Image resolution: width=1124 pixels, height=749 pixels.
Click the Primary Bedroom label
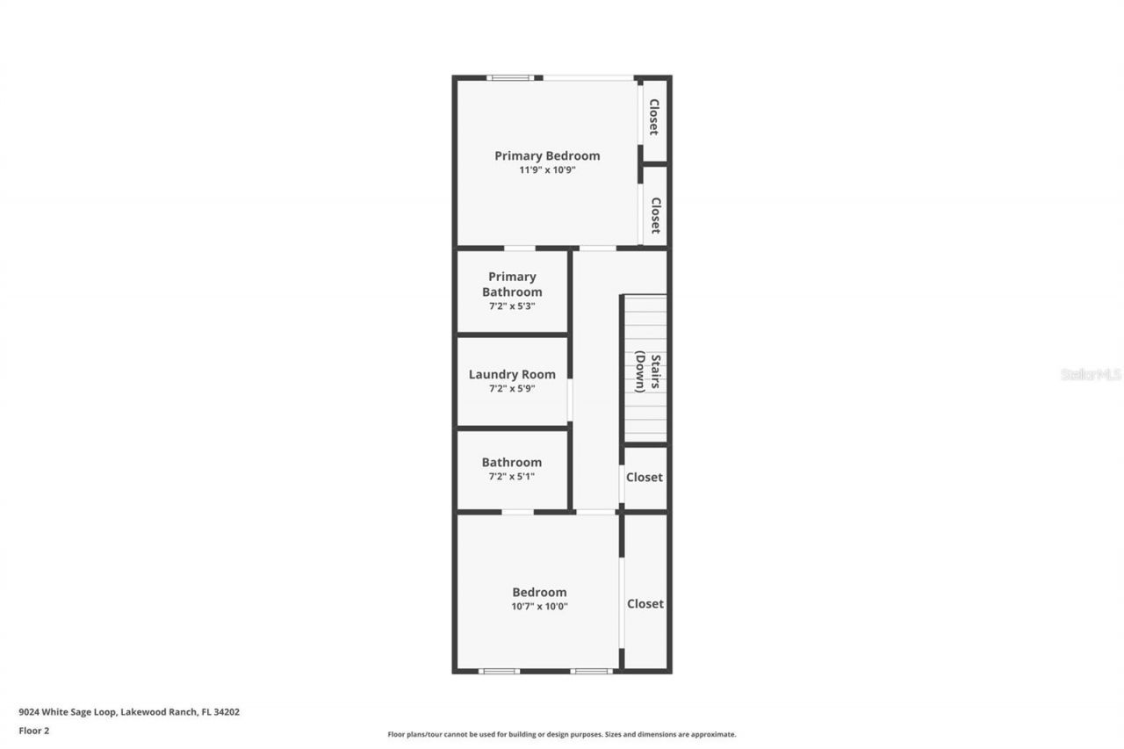point(547,156)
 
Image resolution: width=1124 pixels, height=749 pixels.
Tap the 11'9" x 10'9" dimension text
point(547,170)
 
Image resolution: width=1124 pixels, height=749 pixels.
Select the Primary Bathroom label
point(512,284)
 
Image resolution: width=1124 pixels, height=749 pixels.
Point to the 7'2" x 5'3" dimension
point(512,306)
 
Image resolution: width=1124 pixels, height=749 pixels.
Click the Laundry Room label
point(512,375)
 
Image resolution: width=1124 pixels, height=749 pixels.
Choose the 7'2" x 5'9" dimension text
point(512,388)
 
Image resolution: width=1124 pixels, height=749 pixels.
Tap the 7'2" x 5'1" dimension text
point(512,477)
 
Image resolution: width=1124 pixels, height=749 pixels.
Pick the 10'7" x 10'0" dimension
point(540,606)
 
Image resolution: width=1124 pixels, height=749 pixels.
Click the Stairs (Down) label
point(647,372)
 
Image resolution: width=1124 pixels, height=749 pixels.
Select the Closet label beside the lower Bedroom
point(645,604)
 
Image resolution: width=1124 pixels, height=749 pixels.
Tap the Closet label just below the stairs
point(645,478)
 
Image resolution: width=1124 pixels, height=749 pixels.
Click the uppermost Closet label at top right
point(654,117)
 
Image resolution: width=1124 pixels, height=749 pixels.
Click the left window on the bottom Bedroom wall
point(499,672)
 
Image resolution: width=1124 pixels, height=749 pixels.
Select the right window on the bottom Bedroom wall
point(591,672)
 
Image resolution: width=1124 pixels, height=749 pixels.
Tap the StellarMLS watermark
point(1091,374)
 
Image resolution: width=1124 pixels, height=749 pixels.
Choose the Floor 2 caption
point(34,731)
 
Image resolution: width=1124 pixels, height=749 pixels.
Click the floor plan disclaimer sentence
point(562,734)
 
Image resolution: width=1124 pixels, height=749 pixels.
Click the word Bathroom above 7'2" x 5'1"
point(512,463)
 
